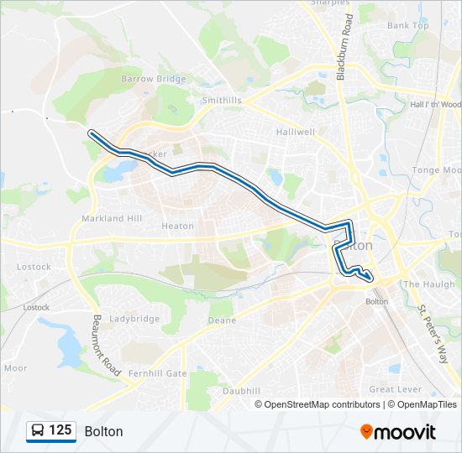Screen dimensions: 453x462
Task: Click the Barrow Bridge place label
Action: pos(153,79)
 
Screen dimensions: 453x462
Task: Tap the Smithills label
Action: pos(222,100)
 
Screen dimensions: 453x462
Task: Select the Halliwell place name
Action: pos(294,132)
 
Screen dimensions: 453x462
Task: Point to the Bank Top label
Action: pos(408,26)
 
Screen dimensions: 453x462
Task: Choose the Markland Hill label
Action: pos(112,218)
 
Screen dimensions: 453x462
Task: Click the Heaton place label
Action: pos(177,226)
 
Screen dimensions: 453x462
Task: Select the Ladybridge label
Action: pos(134,319)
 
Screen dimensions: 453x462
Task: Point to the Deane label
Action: pos(223,320)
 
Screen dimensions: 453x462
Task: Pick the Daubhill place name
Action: pos(242,391)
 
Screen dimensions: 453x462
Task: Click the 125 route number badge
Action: pos(51,430)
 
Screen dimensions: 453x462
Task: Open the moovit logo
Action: pos(398,432)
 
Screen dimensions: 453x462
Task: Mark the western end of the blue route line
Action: pos(91,132)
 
